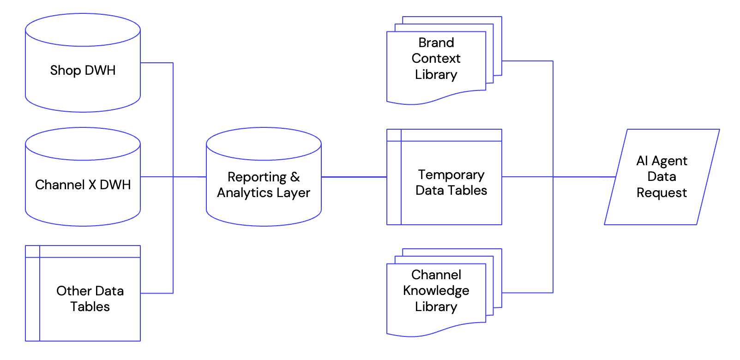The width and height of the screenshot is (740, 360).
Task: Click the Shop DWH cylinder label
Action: coord(83,70)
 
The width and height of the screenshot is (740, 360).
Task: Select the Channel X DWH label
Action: coord(83,185)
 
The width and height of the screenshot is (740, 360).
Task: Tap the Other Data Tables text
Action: coord(90,299)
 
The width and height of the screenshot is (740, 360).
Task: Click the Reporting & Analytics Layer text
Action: coord(264,185)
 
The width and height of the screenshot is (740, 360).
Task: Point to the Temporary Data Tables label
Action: coord(451,182)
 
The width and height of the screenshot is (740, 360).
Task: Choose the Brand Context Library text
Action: coord(436,59)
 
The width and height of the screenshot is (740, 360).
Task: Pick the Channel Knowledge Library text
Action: coord(436,291)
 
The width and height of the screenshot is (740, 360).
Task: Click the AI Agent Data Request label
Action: coord(662,177)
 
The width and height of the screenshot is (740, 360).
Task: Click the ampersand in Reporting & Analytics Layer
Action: coord(295,177)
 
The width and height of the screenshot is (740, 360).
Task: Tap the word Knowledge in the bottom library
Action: coord(436,291)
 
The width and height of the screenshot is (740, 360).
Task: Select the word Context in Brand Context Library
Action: coord(436,59)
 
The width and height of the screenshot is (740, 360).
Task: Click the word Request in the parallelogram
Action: coord(662,192)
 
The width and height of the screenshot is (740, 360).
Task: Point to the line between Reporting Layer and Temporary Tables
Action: coord(354,177)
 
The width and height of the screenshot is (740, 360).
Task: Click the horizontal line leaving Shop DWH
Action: coord(156,63)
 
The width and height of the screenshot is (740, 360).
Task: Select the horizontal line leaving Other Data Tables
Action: coord(156,293)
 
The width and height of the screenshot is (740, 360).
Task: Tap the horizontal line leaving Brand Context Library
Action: coord(527,61)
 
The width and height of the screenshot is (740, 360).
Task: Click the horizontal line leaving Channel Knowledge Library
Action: coord(527,293)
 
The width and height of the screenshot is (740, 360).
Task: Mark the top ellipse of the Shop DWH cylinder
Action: coord(83,30)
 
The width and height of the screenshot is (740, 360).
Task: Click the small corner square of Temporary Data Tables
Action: coord(394,135)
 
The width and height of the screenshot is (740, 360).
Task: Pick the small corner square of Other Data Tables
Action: coord(32,252)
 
